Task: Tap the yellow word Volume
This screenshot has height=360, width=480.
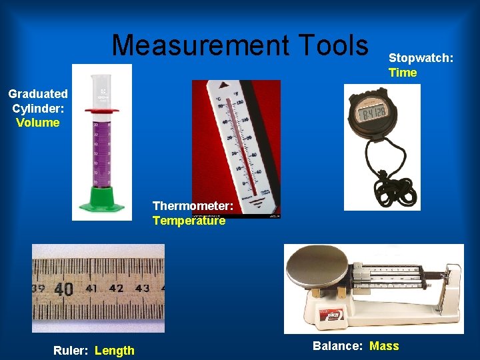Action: pyautogui.click(x=38, y=123)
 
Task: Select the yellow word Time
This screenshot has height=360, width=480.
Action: pyautogui.click(x=403, y=73)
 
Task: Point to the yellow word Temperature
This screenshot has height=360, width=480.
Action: pyautogui.click(x=189, y=221)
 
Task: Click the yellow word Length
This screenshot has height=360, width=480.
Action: pyautogui.click(x=115, y=351)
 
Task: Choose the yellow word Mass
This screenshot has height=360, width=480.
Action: pyautogui.click(x=384, y=345)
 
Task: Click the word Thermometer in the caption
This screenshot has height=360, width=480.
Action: pyautogui.click(x=192, y=207)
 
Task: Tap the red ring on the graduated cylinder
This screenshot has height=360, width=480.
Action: pyautogui.click(x=97, y=111)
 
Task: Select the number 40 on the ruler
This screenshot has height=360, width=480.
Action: pyautogui.click(x=63, y=289)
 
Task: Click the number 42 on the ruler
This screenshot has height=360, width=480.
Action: pyautogui.click(x=117, y=289)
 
